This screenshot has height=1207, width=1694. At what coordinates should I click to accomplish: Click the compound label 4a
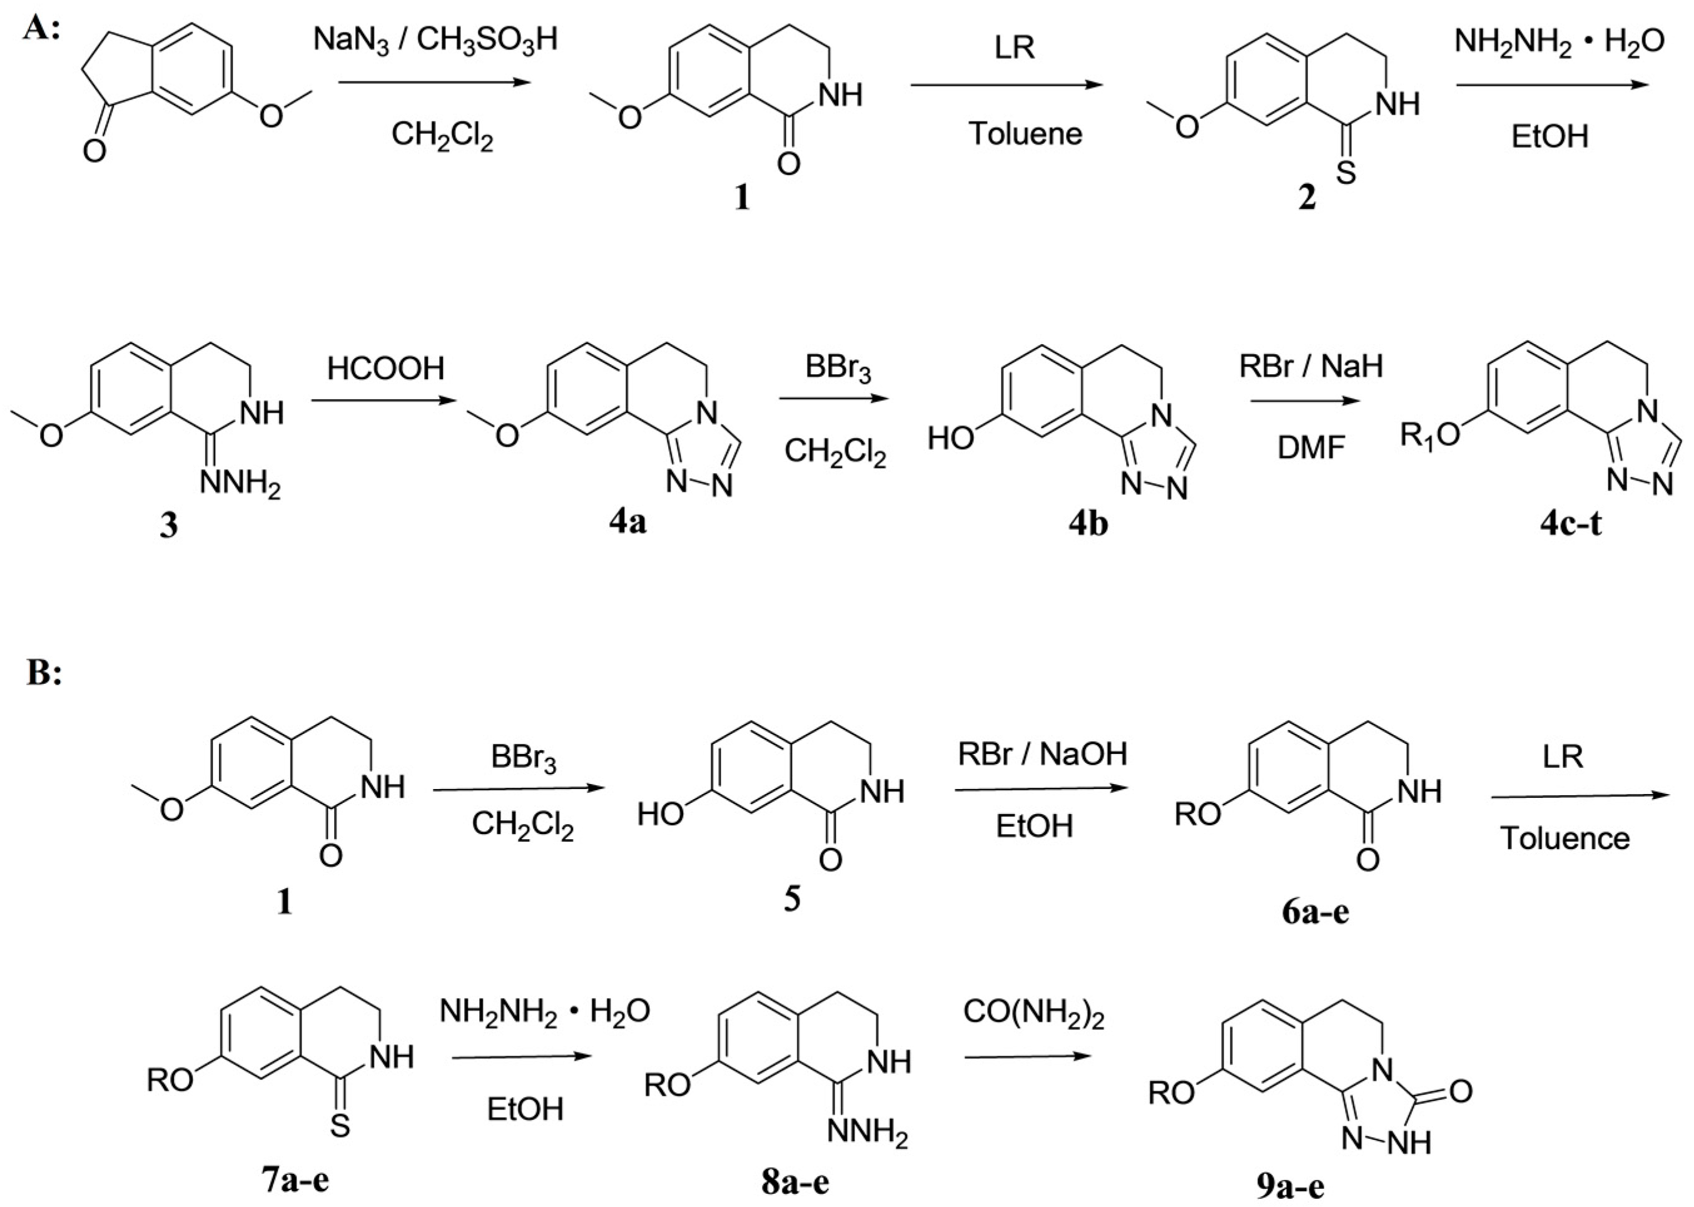[x=628, y=522]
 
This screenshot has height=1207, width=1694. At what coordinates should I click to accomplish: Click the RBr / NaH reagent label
[x=1311, y=367]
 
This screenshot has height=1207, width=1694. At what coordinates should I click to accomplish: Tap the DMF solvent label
[x=1311, y=447]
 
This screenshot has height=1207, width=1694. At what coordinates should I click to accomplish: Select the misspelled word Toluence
[x=1565, y=838]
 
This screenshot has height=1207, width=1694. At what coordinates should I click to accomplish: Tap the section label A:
[x=42, y=28]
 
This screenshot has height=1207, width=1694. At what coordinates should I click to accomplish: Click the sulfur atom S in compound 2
[x=1346, y=173]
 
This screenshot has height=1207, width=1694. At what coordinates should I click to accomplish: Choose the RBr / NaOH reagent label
[x=1042, y=755]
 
